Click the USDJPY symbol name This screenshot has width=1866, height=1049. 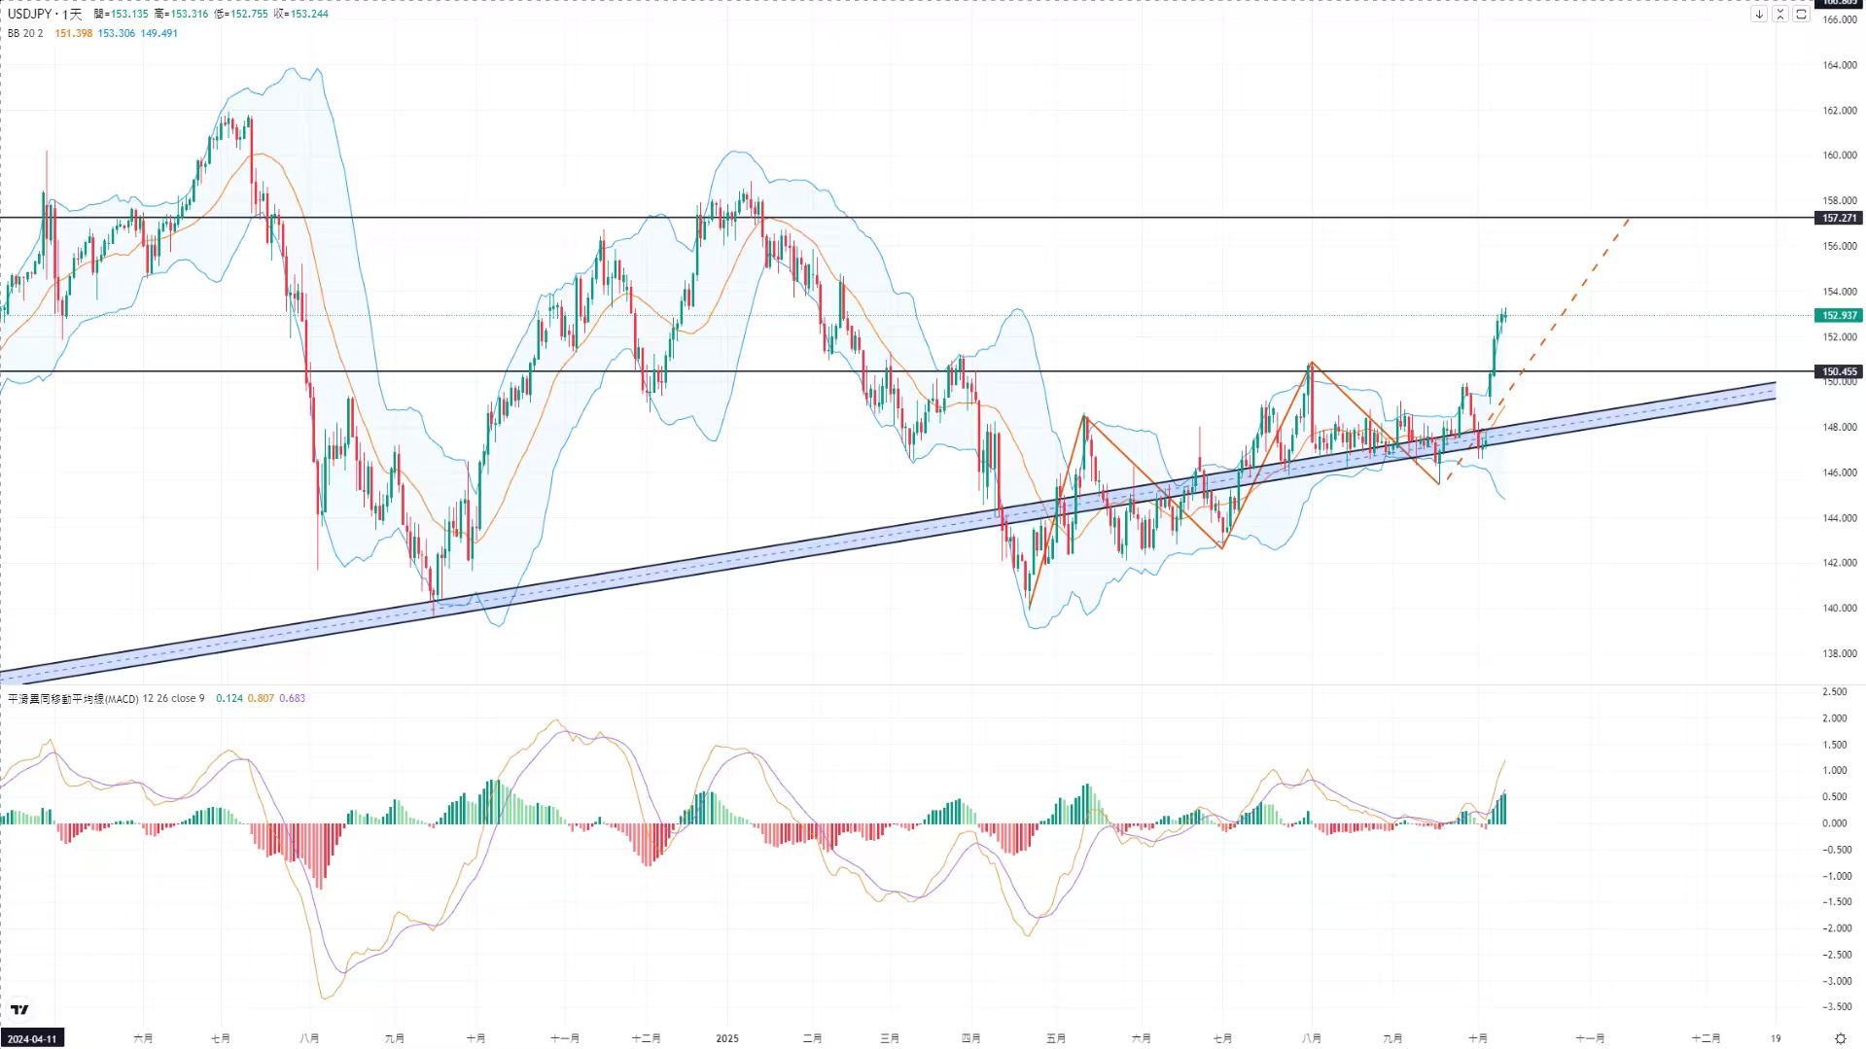(29, 14)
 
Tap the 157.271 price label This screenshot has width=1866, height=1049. (1839, 219)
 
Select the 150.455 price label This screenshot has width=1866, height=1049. (1839, 371)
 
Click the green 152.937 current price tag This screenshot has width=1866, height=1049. (1839, 315)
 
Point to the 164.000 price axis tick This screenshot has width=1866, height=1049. (1839, 65)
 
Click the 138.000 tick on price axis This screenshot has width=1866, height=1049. (1839, 653)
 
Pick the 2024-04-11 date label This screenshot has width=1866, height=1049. (32, 1038)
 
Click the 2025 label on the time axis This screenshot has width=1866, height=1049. (727, 1038)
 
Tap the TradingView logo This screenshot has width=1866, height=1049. (19, 1010)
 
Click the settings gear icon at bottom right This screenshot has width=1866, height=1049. (1840, 1038)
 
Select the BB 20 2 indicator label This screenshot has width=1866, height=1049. (25, 33)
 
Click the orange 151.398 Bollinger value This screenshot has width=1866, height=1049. (74, 33)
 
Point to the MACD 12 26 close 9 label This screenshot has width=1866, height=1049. (106, 698)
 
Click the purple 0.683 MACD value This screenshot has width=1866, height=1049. (292, 698)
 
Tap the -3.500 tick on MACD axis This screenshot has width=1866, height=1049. (1836, 1007)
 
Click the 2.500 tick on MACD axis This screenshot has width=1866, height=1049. (1835, 692)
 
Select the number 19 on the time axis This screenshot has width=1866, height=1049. (1776, 1038)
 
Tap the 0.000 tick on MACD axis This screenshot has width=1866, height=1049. (1835, 823)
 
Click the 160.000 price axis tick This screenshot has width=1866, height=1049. (1839, 156)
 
